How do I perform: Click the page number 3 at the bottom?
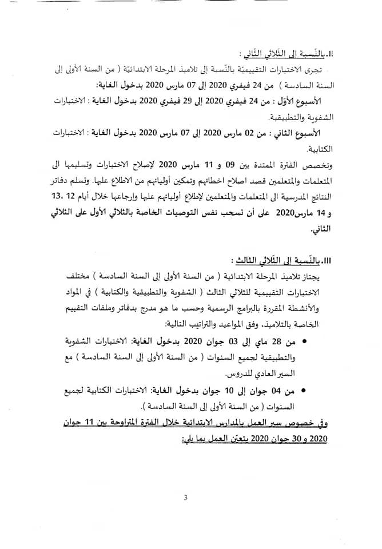point(186,497)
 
